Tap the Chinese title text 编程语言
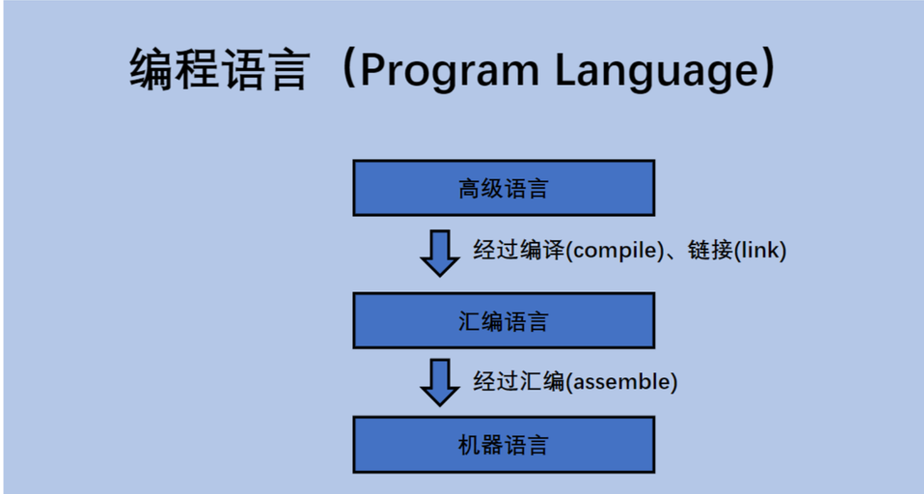click(219, 69)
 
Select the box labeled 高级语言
click(503, 188)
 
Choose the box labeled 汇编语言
click(503, 321)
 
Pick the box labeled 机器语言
click(503, 445)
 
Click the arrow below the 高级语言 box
click(440, 253)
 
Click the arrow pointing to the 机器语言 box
click(440, 383)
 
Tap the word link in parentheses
click(759, 250)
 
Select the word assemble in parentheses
click(621, 381)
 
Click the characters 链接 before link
click(710, 250)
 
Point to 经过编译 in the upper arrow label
click(519, 250)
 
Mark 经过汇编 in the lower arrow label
click(519, 381)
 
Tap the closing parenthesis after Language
click(769, 67)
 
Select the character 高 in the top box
click(469, 189)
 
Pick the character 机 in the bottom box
click(469, 445)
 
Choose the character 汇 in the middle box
click(469, 321)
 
